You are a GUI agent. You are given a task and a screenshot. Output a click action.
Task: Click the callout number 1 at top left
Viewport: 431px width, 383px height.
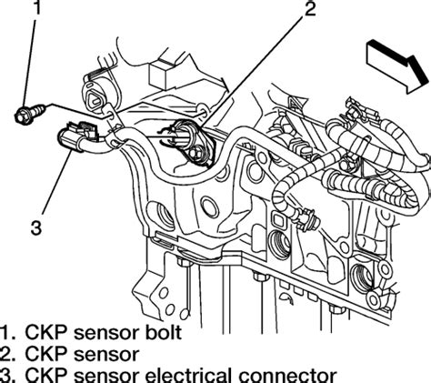click(x=36, y=7)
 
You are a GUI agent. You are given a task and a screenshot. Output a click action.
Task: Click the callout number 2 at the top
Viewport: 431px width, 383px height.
click(x=310, y=8)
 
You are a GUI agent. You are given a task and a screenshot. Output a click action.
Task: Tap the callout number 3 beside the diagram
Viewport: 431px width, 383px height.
click(x=36, y=228)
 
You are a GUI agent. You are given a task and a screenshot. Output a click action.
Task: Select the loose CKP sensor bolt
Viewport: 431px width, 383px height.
click(x=30, y=113)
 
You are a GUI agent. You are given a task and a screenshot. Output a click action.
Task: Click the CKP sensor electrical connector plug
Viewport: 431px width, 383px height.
click(x=78, y=135)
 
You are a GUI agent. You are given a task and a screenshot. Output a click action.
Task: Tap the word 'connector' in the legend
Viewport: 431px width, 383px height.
click(x=288, y=376)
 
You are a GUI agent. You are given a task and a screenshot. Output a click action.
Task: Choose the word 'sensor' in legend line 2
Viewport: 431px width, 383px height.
click(x=106, y=354)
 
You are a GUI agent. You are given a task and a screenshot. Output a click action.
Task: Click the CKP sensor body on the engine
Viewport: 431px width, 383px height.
click(x=191, y=140)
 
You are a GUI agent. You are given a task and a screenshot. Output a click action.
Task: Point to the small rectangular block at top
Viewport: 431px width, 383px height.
click(x=161, y=74)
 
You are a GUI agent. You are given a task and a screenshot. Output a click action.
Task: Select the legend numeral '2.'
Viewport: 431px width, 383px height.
click(x=7, y=354)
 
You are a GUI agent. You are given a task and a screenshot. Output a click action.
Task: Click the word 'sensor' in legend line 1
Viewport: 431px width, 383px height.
click(x=106, y=333)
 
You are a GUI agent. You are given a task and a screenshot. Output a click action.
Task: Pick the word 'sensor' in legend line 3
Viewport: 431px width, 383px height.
click(x=106, y=376)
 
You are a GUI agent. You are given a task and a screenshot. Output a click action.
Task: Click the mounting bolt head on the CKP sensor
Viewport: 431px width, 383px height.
click(x=195, y=153)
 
